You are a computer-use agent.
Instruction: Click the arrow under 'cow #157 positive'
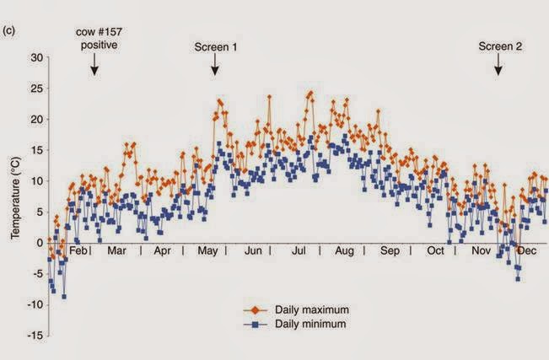coord(94,65)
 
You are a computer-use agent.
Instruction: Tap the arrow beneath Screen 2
coord(498,65)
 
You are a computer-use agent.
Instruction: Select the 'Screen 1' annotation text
coord(215,48)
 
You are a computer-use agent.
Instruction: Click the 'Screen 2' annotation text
coord(499,48)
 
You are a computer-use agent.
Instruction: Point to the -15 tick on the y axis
coord(33,336)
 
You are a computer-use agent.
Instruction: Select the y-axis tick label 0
coord(39,243)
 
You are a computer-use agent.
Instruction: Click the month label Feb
coord(78,251)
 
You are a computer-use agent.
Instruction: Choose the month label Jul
coord(299,251)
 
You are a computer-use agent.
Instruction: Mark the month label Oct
coord(436,251)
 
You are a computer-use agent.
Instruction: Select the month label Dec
coord(527,251)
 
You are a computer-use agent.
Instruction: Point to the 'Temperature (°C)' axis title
coord(15,196)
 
